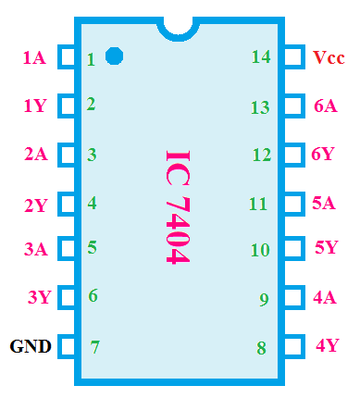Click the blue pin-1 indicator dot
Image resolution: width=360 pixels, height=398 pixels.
click(115, 56)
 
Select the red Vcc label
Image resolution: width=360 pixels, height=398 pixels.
click(328, 57)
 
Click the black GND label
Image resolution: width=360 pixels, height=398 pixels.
click(30, 347)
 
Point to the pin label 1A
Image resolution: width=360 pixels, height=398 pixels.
click(34, 57)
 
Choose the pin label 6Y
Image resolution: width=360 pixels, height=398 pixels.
click(323, 154)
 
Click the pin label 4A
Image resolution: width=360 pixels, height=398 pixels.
click(325, 298)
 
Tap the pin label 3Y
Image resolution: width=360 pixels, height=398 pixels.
click(39, 297)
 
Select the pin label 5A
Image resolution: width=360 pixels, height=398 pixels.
click(323, 202)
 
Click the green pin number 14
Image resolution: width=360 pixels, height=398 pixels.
click(261, 57)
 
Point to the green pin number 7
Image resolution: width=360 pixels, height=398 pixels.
click(94, 348)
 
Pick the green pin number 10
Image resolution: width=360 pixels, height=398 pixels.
click(260, 250)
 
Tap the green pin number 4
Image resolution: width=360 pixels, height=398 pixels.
click(92, 202)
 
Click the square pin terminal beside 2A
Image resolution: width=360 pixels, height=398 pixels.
click(68, 154)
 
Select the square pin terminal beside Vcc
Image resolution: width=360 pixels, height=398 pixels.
click(293, 57)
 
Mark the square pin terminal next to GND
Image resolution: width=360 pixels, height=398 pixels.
click(68, 347)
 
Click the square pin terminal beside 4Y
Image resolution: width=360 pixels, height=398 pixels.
click(293, 347)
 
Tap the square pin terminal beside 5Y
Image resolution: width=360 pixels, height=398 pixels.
click(293, 249)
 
